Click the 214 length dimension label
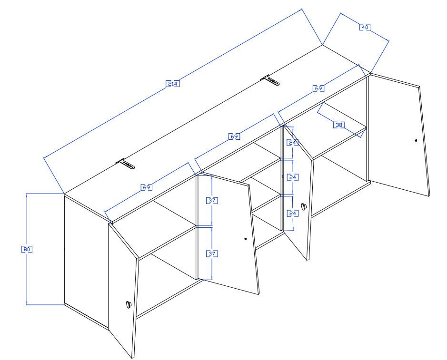(x=173, y=84)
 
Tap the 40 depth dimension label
(x=365, y=27)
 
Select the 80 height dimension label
(x=27, y=249)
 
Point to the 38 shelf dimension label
(x=339, y=125)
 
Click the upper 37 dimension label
(x=212, y=201)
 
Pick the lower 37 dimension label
(x=212, y=253)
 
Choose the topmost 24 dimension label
(x=292, y=142)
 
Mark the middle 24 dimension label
(x=292, y=177)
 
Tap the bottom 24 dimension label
(x=292, y=214)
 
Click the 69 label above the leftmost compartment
(x=147, y=187)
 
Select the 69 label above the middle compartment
(x=234, y=136)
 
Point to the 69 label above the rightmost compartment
(x=318, y=88)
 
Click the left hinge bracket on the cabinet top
(x=125, y=164)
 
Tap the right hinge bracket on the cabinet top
(x=270, y=80)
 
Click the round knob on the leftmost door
(x=129, y=304)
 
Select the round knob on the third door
(x=304, y=206)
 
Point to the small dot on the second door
(x=246, y=239)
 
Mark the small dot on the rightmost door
(x=416, y=140)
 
